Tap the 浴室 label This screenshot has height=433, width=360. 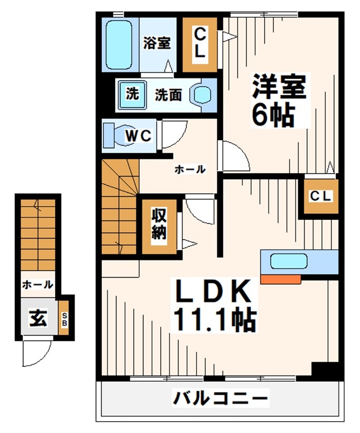157,43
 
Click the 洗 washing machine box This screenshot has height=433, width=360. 132,94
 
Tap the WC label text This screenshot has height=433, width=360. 139,135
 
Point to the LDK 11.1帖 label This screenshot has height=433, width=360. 213,306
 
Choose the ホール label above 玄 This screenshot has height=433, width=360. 37,284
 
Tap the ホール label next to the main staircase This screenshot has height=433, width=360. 189,169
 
